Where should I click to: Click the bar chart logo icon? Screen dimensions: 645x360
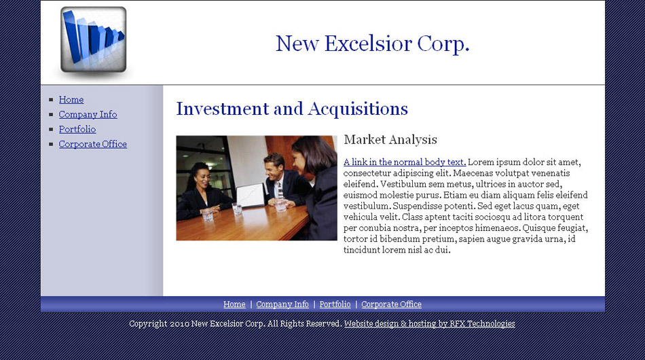point(94,39)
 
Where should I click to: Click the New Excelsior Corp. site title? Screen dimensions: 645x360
point(372,43)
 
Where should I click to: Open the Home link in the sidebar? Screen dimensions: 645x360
point(71,100)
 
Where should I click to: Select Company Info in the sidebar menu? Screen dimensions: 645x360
point(88,114)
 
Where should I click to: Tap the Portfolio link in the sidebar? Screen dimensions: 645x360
point(77,129)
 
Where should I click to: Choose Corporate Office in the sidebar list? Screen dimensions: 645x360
point(92,144)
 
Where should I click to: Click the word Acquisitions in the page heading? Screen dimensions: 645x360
point(358,109)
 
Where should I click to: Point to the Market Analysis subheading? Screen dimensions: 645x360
point(390,140)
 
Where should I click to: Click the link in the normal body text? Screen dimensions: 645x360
point(405,162)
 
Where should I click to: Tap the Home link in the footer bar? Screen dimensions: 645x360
point(234,304)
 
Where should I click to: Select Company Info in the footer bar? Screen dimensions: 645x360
point(282,304)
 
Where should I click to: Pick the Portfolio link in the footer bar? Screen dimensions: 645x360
point(335,304)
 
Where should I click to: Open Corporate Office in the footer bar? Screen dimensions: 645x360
point(391,304)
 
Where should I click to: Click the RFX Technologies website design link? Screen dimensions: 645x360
point(430,324)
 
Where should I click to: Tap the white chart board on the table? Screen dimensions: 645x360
point(251,196)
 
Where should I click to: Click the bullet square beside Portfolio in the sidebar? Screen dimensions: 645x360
point(51,129)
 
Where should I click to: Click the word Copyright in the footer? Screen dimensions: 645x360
point(148,324)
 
